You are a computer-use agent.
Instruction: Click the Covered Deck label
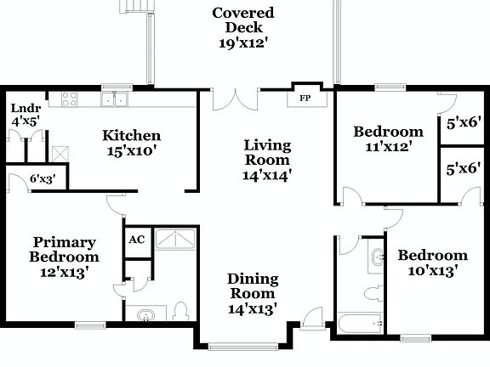tap(243, 13)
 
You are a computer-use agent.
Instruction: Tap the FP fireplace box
tap(304, 98)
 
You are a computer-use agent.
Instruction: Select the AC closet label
tap(136, 240)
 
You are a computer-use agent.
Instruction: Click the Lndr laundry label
tap(20, 109)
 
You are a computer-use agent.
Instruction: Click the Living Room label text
tap(267, 152)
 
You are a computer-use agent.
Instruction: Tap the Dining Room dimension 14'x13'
tap(253, 308)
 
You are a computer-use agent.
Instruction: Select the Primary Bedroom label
tap(64, 249)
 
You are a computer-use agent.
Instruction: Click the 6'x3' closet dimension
tap(42, 179)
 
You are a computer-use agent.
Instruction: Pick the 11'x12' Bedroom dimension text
tap(388, 147)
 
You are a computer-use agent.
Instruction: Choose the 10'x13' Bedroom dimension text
tap(433, 271)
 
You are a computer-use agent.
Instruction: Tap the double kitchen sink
tap(113, 100)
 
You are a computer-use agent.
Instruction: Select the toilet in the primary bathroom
tap(180, 311)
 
